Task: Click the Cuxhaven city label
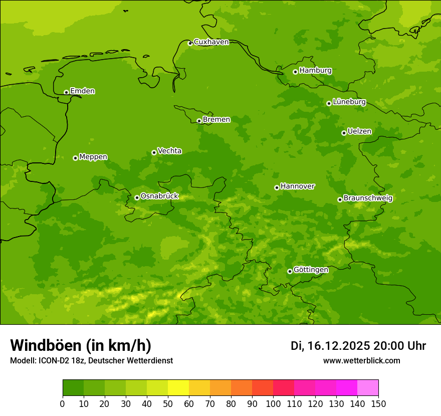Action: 211,42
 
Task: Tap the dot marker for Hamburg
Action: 295,72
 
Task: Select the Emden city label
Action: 82,91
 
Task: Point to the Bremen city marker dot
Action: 199,121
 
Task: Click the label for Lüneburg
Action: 349,102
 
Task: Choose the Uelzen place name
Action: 359,132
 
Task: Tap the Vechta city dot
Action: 154,152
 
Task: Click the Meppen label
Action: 93,157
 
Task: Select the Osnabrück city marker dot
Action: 137,197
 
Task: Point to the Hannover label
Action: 297,186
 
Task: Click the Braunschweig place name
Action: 368,198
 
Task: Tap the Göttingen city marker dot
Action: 290,271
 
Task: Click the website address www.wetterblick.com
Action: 361,360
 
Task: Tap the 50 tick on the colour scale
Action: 168,403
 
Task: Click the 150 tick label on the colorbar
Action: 378,403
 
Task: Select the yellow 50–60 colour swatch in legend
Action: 178,388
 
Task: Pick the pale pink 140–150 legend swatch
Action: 368,388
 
